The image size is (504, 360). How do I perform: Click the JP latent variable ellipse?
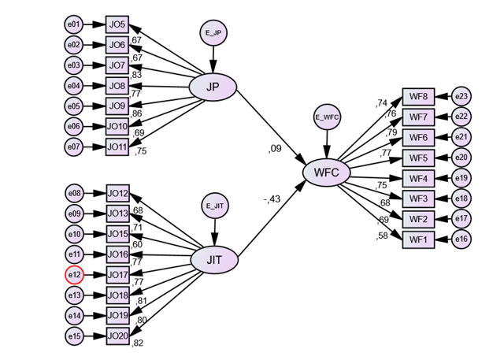click(213, 87)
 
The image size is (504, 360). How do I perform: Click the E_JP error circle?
click(213, 33)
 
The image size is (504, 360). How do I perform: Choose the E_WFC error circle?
click(327, 117)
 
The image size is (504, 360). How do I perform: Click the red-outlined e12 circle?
click(74, 275)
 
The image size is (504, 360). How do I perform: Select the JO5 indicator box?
click(117, 24)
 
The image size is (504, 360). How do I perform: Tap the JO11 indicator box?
click(117, 147)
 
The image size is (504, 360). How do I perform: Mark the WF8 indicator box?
click(418, 97)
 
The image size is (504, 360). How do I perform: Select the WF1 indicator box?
click(418, 239)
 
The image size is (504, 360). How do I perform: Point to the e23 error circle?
click(462, 97)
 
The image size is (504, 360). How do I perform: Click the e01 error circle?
click(74, 24)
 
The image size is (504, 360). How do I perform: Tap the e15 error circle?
click(74, 336)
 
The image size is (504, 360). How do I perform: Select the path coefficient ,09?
click(274, 147)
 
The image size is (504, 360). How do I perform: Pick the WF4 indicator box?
click(418, 178)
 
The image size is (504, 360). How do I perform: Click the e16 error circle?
click(462, 239)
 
